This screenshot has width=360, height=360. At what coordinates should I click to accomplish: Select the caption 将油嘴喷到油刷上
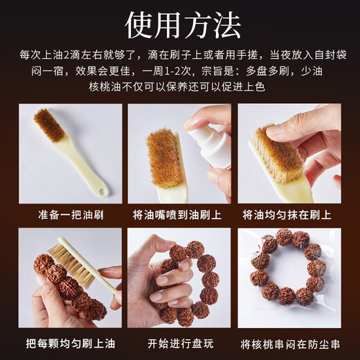pyautogui.click(x=179, y=215)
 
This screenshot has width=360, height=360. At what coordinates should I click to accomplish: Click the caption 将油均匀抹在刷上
pyautogui.click(x=289, y=215)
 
